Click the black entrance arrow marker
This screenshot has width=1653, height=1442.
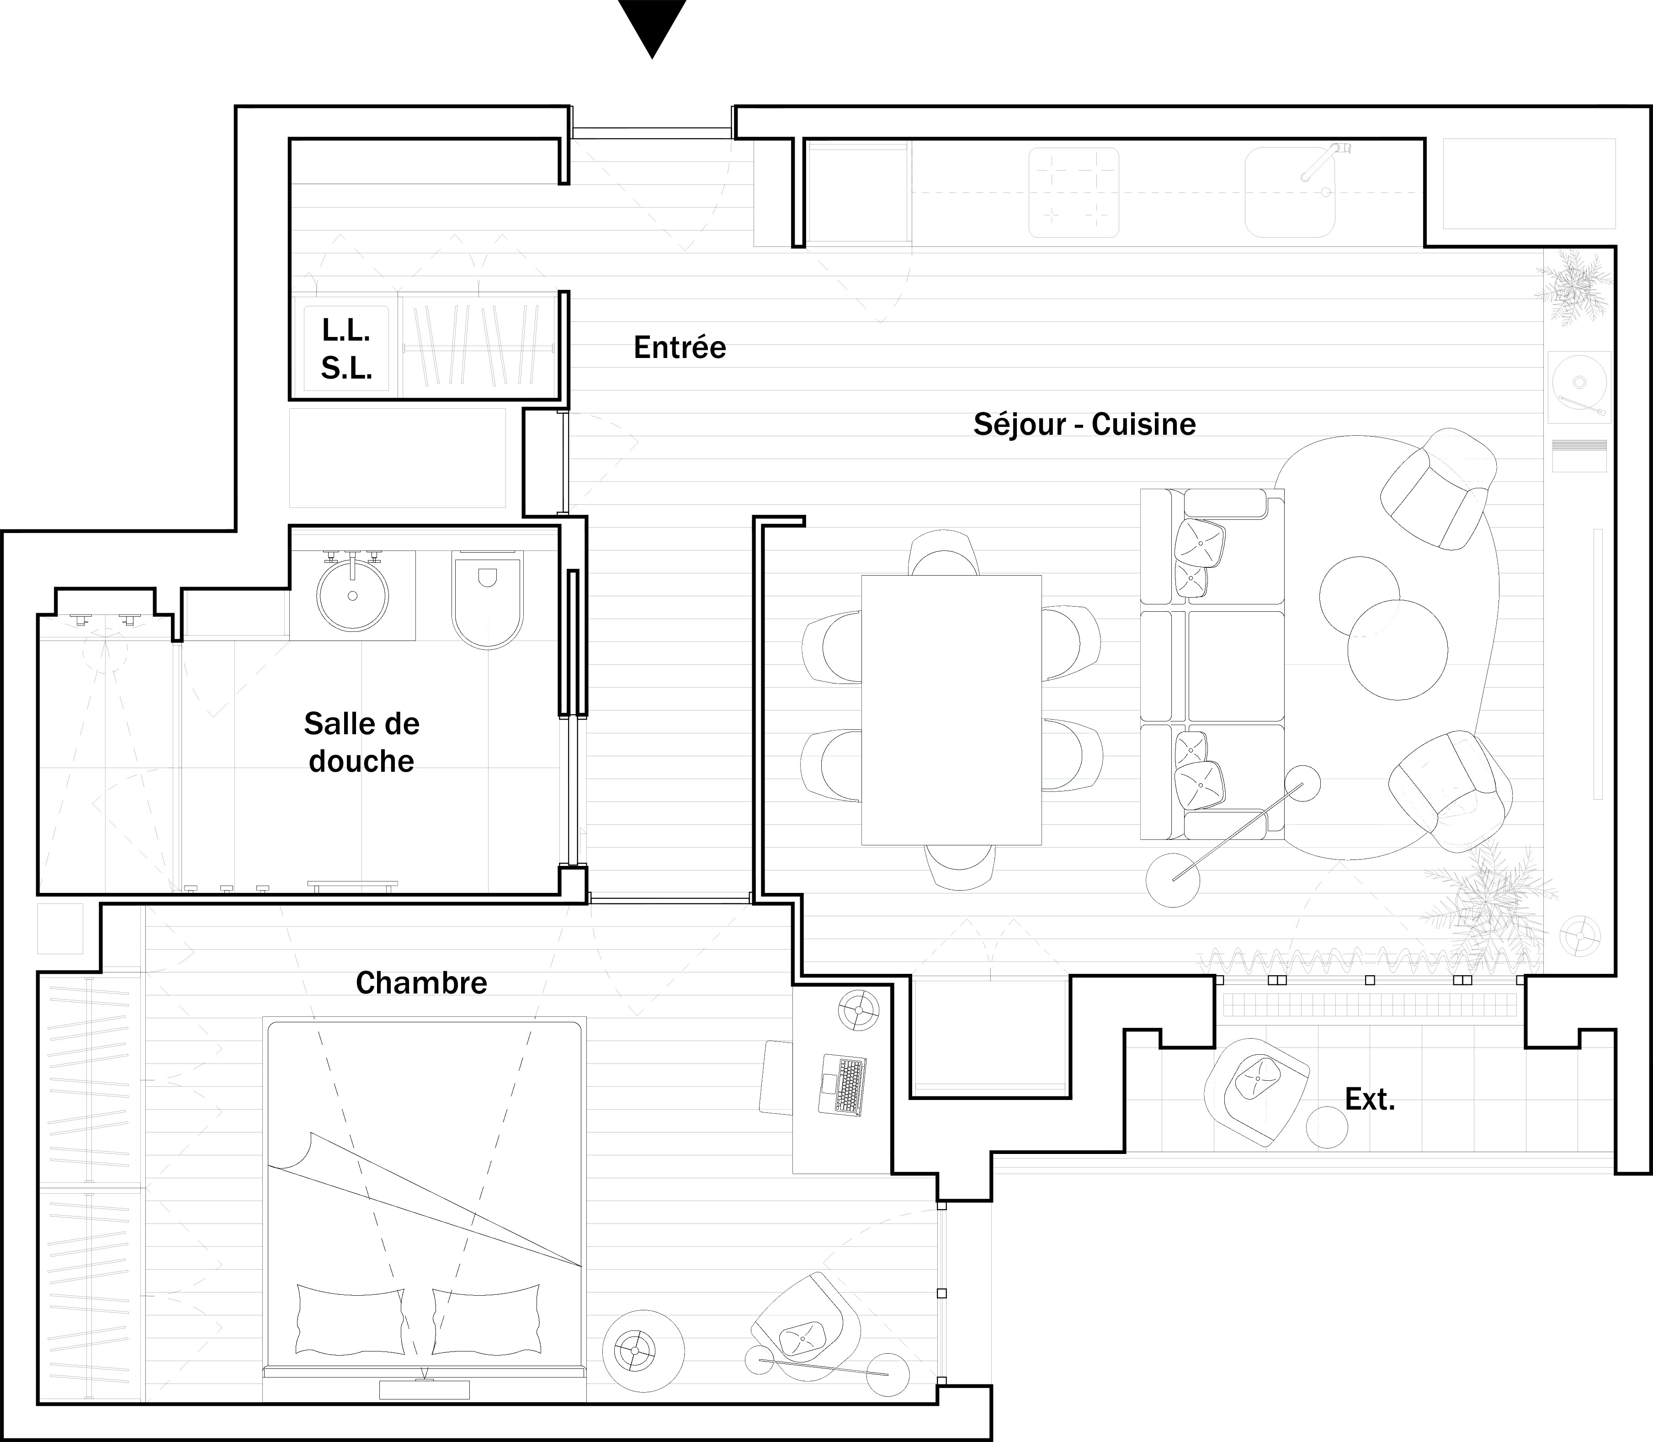pyautogui.click(x=652, y=24)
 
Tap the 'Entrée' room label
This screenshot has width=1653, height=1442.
pyautogui.click(x=680, y=347)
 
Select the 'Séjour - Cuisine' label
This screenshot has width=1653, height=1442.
pyautogui.click(x=1084, y=424)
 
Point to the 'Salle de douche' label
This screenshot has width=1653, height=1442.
pyautogui.click(x=362, y=742)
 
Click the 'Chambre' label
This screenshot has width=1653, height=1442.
pyautogui.click(x=421, y=983)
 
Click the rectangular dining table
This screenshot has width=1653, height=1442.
pyautogui.click(x=951, y=710)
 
